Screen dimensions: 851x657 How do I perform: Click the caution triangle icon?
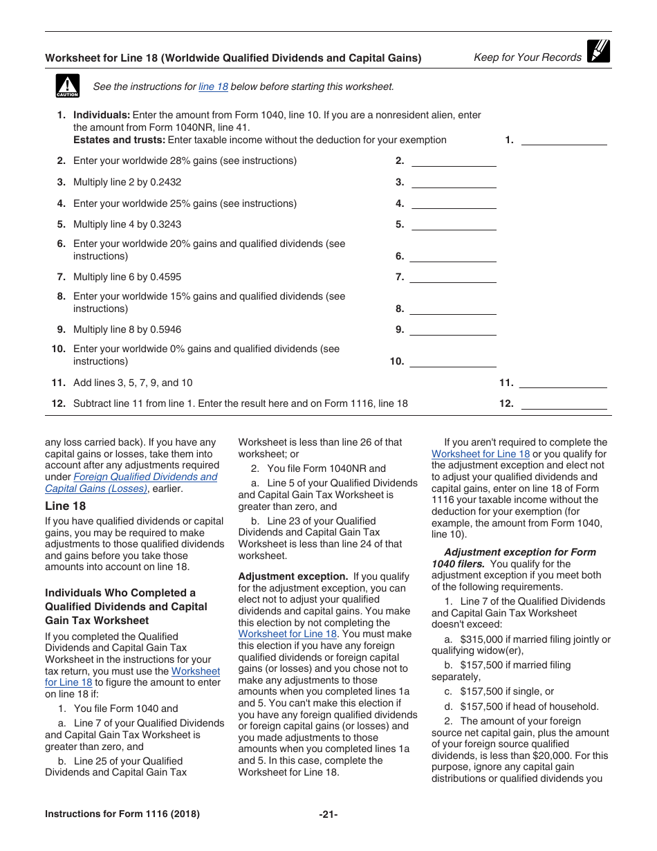[x=67, y=86]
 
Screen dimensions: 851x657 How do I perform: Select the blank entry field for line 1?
[x=563, y=140]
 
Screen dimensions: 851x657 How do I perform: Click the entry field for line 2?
[x=454, y=161]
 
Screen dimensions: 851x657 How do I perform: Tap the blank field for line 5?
[x=454, y=225]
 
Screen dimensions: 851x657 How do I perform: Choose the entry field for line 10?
[x=454, y=362]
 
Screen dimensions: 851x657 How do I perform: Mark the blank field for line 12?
[x=563, y=404]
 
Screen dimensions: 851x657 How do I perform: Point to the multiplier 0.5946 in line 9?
[x=165, y=330]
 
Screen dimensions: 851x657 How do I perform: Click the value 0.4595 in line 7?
[x=165, y=277]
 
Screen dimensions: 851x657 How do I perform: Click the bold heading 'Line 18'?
[x=66, y=506]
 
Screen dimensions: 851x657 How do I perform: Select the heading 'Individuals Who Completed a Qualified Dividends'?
[x=126, y=607]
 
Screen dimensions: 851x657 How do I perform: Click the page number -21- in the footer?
[x=328, y=814]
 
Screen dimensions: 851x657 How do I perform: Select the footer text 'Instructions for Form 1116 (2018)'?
[x=122, y=814]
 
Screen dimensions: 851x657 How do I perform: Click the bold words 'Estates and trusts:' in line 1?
[x=119, y=140]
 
